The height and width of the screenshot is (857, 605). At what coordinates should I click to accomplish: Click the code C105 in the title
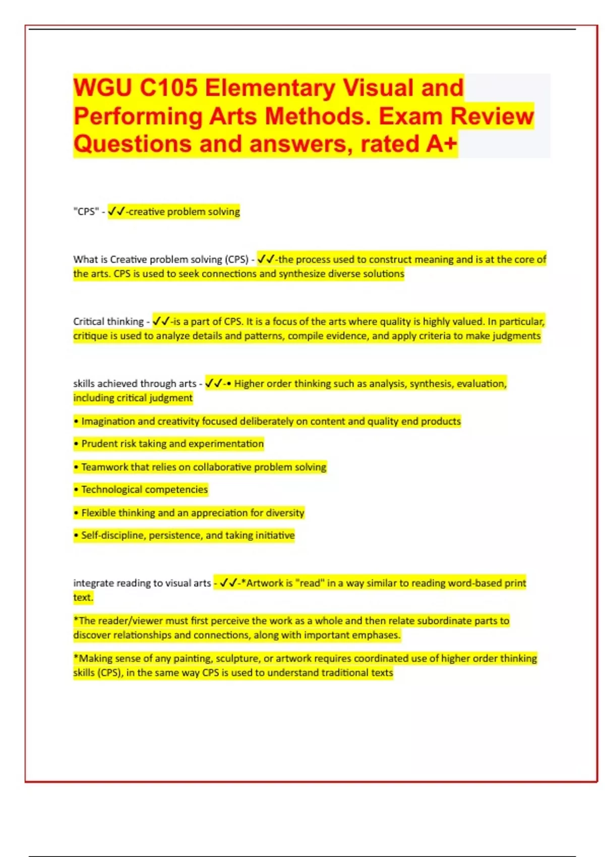point(168,88)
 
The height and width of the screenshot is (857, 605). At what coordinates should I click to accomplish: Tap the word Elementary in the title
point(270,88)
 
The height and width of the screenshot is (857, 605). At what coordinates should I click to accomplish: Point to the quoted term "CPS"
point(86,212)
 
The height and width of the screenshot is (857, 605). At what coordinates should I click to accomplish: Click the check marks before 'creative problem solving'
point(116,212)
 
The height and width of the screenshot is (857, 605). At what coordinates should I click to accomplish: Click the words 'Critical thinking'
point(108,322)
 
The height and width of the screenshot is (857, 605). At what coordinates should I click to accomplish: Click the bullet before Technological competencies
point(76,489)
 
